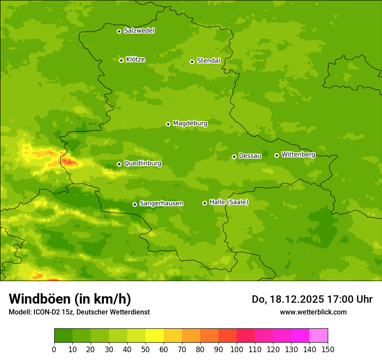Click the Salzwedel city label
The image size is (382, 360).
139,31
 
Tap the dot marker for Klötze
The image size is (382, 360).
121,60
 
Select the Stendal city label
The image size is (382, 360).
208,61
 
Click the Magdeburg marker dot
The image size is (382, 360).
168,124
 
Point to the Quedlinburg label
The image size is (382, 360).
142,164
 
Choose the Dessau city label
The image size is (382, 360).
250,156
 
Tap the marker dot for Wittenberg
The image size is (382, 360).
277,155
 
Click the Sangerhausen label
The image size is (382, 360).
161,203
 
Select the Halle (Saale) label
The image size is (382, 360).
229,202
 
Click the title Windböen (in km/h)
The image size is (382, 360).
70,299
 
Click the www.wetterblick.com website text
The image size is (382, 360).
313,312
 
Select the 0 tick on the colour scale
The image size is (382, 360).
54,349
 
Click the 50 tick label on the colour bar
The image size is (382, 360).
145,349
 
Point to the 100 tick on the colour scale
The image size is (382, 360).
237,349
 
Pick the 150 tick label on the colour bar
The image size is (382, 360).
328,349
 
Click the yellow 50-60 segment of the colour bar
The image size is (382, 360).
155,336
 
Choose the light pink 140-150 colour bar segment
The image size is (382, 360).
319,336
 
